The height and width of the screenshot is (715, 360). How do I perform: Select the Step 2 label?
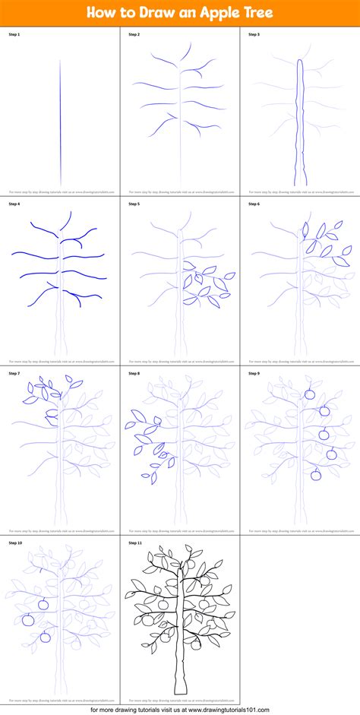pos(135,33)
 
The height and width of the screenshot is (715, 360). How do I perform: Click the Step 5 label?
pos(135,204)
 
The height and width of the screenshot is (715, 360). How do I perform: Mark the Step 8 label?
pos(135,373)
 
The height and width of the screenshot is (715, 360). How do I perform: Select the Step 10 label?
pos(17,543)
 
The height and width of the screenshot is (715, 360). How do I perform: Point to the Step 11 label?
pos(137,543)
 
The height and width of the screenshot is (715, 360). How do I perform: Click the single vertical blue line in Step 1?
pos(60,122)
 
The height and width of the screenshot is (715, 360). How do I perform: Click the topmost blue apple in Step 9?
pos(310,394)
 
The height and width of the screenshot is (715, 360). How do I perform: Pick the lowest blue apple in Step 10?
pos(45,636)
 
